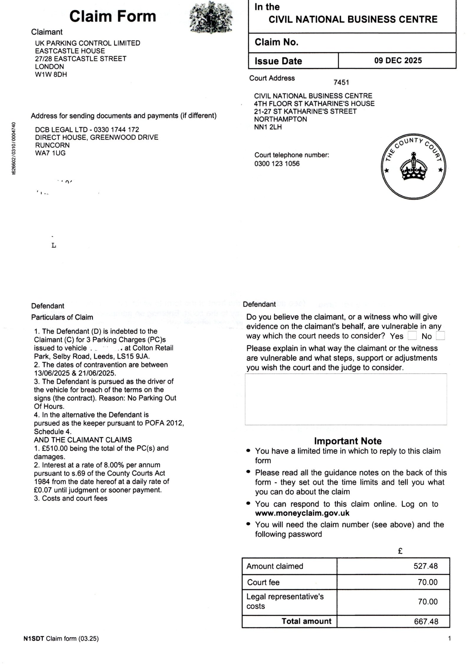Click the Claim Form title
click(112, 16)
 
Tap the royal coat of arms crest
click(210, 17)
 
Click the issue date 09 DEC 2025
click(398, 61)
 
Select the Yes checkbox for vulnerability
click(412, 336)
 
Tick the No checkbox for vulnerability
click(440, 336)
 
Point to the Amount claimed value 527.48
click(425, 566)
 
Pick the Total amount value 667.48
click(426, 621)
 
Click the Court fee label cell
click(263, 582)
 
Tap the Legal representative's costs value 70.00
click(427, 601)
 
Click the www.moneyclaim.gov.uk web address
click(302, 513)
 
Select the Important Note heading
click(348, 441)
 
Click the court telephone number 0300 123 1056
click(277, 164)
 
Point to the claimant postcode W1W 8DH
click(51, 74)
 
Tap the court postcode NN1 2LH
click(268, 127)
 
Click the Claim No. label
click(276, 42)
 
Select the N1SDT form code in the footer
click(34, 639)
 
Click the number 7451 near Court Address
click(341, 82)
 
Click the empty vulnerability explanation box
click(345, 399)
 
